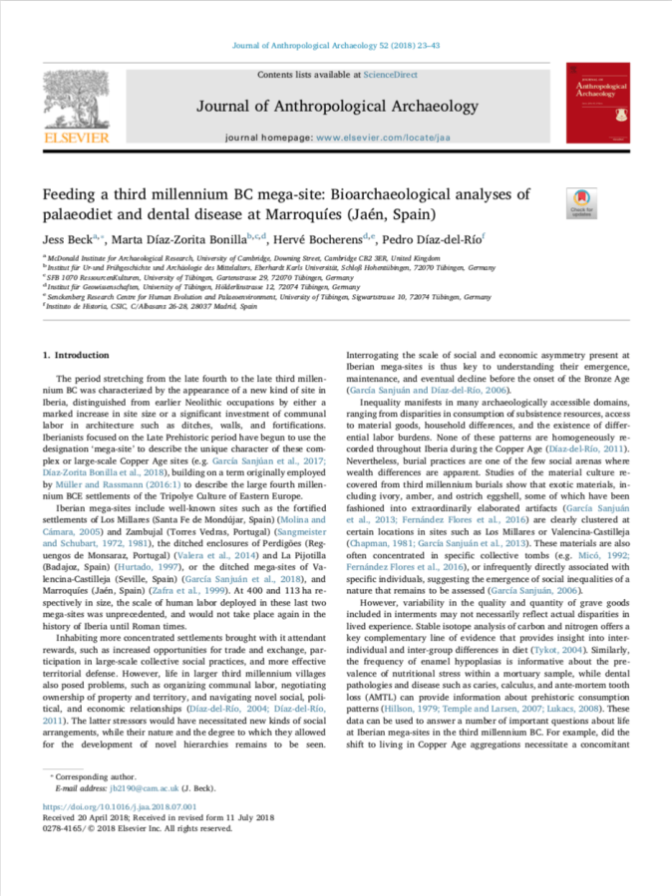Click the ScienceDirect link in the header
[389, 75]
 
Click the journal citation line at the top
[335, 46]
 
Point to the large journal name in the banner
[336, 106]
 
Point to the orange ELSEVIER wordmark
[76, 137]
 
